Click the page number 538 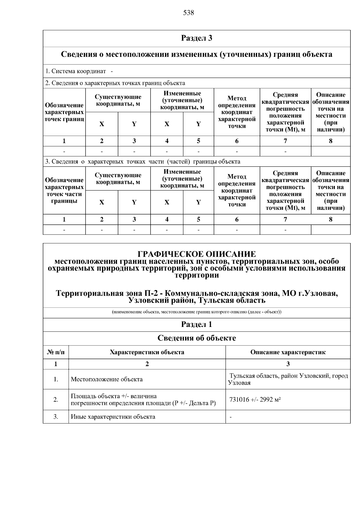pos(188,13)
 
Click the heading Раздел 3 pos(196,38)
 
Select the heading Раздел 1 pos(196,325)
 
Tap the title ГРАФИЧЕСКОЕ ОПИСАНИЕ pos(196,254)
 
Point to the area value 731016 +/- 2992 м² pos(255,400)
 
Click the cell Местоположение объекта pos(106,379)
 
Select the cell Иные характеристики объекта pos(113,417)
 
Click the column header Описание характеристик pos(288,352)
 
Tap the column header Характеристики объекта pos(147,352)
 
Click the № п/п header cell pos(56,352)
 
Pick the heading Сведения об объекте pos(196,338)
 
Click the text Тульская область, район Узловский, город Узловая pos(288,379)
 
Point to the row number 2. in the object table pos(56,400)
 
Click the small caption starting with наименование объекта pos(196,312)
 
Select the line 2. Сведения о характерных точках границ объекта pos(115,83)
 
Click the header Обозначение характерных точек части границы pos(64,190)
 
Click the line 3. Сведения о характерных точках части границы pos(142,162)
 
